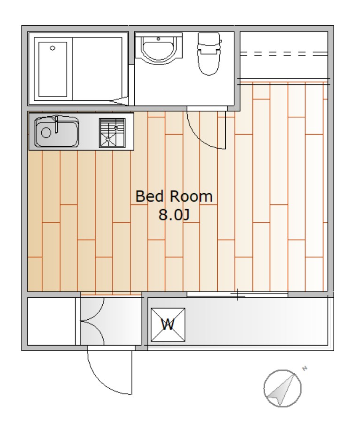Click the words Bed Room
tap(174, 196)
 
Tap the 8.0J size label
tap(174, 215)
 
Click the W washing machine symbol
tap(168, 325)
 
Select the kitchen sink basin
tap(57, 132)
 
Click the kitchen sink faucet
tap(56, 124)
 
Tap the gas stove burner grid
tap(112, 133)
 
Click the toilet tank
tap(209, 41)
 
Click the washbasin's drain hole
tap(159, 39)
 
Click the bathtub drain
tap(53, 48)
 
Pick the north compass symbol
tap(283, 388)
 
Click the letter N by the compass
tap(305, 369)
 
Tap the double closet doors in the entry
tap(92, 321)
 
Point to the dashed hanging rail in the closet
tap(284, 54)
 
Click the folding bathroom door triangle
tap(119, 101)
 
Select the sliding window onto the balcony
tap(237, 294)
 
